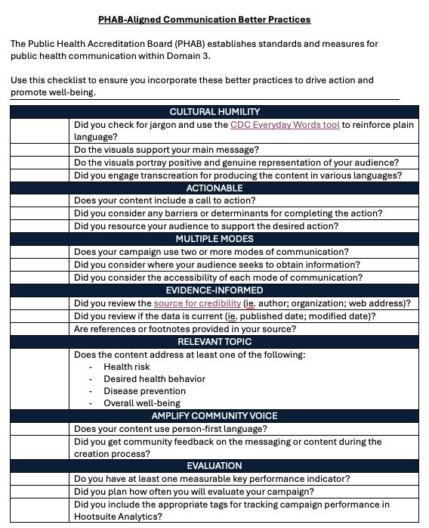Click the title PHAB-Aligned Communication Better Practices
point(204,20)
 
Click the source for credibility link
point(197,303)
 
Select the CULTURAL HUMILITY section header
point(214,112)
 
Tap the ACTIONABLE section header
point(214,188)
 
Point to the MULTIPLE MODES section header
point(214,239)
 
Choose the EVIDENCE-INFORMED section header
point(214,290)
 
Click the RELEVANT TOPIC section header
point(214,342)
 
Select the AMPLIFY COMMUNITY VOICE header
point(214,415)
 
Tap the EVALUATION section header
point(214,465)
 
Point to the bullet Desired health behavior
point(154,379)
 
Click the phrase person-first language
point(213,429)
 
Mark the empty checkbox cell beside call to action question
point(39,201)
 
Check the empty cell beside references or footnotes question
point(39,329)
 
